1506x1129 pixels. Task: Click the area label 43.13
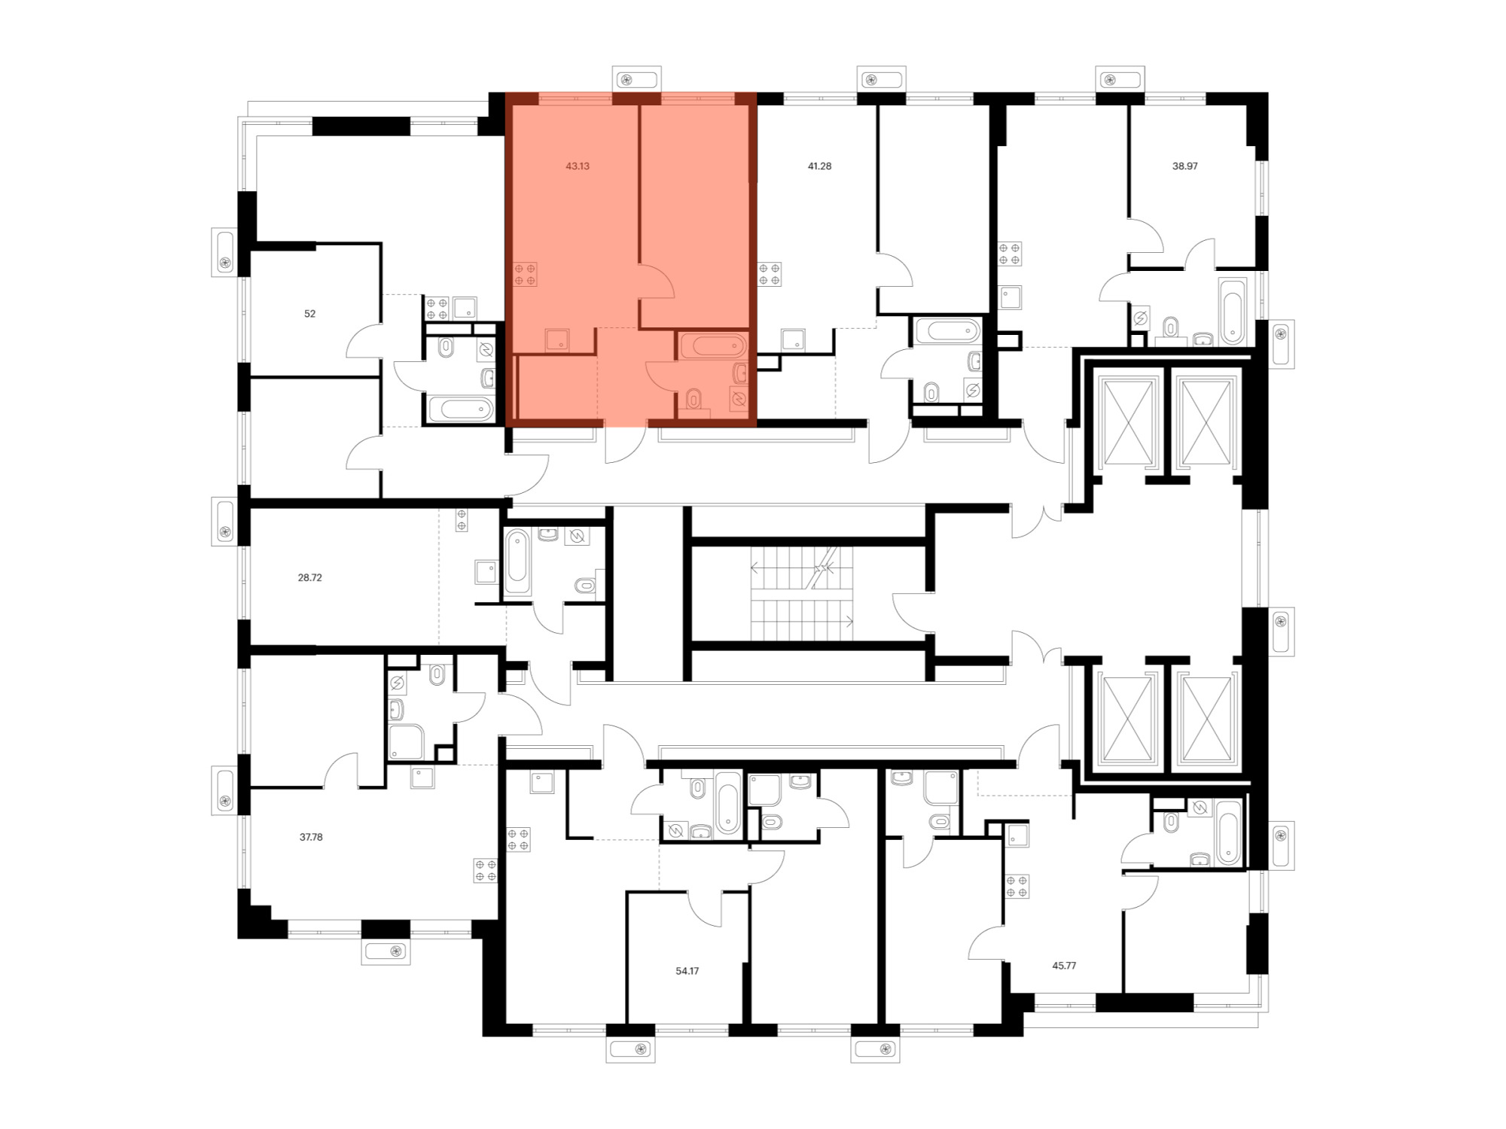(578, 166)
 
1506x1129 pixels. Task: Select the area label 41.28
(819, 166)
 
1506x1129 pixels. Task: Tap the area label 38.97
(1184, 166)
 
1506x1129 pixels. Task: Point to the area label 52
(309, 314)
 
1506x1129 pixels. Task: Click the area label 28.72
(309, 578)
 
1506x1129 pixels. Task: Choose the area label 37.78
(311, 837)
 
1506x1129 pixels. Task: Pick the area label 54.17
(687, 971)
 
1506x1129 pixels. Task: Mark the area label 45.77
(1064, 966)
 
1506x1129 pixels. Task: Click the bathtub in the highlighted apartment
(713, 346)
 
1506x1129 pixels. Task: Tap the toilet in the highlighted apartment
(694, 399)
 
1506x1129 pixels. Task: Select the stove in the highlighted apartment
(526, 274)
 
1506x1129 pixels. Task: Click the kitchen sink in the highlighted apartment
(557, 340)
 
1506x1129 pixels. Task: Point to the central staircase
(803, 594)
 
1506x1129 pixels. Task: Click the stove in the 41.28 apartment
(770, 274)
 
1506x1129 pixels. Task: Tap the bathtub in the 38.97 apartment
(1232, 311)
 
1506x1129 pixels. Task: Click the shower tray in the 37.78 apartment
(406, 741)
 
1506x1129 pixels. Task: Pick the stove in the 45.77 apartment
(1017, 886)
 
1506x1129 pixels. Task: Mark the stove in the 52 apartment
(437, 309)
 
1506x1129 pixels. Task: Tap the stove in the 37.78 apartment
(486, 870)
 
